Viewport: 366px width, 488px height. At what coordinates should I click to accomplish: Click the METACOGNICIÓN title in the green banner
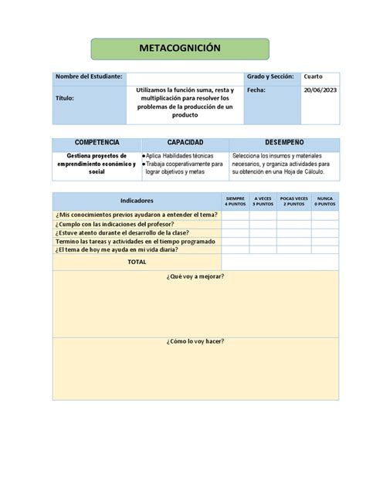pyautogui.click(x=179, y=49)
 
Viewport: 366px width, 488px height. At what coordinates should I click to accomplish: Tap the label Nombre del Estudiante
pyautogui.click(x=89, y=76)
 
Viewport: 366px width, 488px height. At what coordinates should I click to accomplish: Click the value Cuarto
pyautogui.click(x=313, y=76)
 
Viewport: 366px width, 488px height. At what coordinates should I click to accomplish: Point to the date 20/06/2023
pyautogui.click(x=319, y=90)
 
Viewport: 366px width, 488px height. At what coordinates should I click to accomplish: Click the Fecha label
pyautogui.click(x=256, y=90)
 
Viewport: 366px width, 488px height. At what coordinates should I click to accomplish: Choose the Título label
pyautogui.click(x=65, y=99)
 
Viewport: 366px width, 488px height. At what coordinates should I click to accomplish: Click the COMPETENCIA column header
pyautogui.click(x=97, y=144)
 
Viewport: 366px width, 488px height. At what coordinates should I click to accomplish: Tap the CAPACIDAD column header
pyautogui.click(x=185, y=144)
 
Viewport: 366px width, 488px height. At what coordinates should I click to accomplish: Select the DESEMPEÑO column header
pyautogui.click(x=284, y=144)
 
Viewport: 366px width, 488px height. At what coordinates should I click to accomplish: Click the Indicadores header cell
pyautogui.click(x=137, y=200)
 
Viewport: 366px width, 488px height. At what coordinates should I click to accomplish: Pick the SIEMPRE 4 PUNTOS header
pyautogui.click(x=235, y=201)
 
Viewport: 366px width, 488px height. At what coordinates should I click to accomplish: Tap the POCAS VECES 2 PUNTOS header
pyautogui.click(x=294, y=201)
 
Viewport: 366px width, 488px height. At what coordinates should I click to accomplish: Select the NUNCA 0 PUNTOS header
pyautogui.click(x=325, y=201)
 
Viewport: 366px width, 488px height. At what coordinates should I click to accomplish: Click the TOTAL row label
pyautogui.click(x=137, y=262)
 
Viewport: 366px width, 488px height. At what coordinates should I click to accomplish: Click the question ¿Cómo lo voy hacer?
pyautogui.click(x=195, y=341)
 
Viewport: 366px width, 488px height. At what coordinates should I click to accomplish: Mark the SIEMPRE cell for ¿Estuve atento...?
pyautogui.click(x=235, y=232)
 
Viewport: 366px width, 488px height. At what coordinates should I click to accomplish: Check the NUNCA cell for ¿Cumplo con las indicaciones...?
pyautogui.click(x=325, y=224)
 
